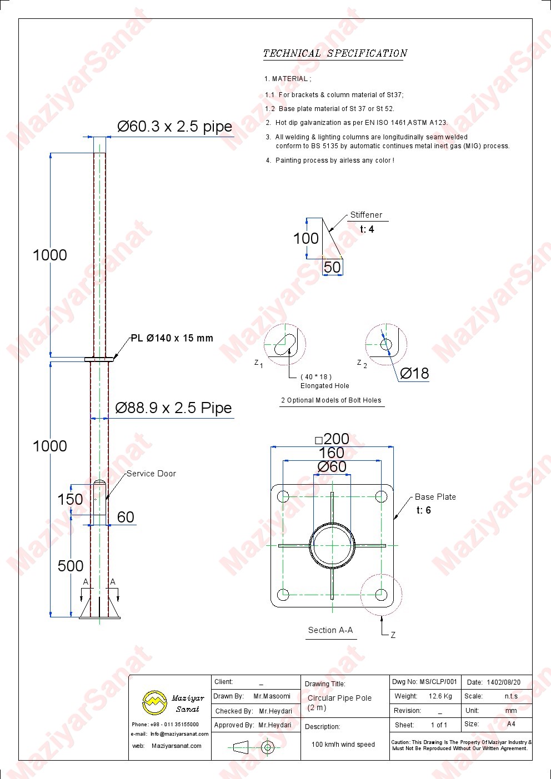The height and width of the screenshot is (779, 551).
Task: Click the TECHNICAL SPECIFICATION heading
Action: click(x=334, y=53)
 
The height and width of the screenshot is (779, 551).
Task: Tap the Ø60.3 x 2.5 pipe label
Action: click(x=174, y=126)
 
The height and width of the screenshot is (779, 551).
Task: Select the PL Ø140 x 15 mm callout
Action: click(x=172, y=338)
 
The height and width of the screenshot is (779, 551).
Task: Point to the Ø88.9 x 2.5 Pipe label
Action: click(x=173, y=408)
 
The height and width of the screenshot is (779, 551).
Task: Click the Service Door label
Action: click(x=151, y=473)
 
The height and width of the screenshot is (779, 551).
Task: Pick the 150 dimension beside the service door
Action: click(x=71, y=499)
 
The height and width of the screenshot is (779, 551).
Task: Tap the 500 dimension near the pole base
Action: click(x=71, y=566)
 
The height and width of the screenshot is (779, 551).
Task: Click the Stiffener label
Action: click(x=366, y=215)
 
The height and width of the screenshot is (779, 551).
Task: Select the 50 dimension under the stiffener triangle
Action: click(x=332, y=267)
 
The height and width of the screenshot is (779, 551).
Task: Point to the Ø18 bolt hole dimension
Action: click(x=414, y=373)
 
